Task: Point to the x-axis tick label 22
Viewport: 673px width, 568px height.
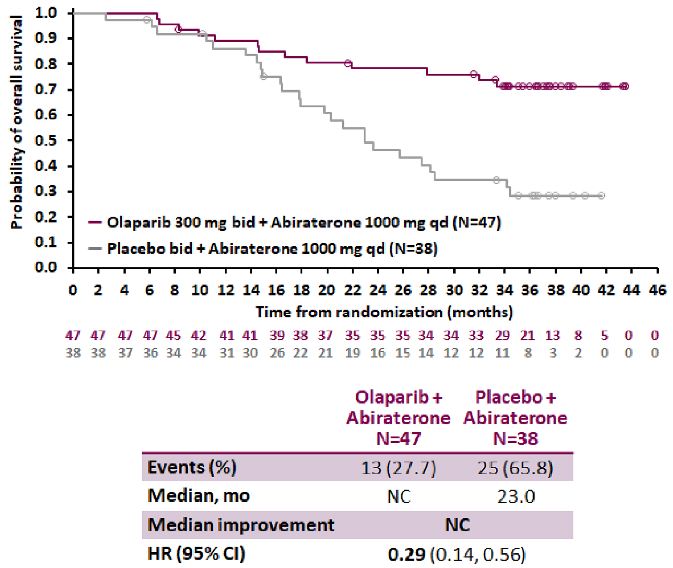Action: (352, 290)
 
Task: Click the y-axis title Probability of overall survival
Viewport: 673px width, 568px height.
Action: (16, 122)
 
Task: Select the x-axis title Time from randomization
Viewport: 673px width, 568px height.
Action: (384, 312)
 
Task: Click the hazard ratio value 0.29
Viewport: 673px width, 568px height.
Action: (407, 554)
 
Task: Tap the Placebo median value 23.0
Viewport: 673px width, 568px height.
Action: (516, 496)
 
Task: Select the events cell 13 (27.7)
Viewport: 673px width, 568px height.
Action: (398, 468)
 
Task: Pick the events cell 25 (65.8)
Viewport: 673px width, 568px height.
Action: (516, 468)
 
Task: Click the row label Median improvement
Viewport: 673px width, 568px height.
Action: (241, 525)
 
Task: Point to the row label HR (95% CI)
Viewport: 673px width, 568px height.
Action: (196, 554)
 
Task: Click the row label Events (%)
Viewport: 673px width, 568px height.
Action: (192, 468)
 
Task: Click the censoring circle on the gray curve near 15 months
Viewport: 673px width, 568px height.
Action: (264, 76)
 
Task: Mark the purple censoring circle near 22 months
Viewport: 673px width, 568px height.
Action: (348, 63)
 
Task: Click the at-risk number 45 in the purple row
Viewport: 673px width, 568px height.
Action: (174, 335)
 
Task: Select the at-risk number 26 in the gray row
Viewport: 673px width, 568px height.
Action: (277, 353)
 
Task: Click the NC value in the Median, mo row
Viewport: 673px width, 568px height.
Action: (398, 496)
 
